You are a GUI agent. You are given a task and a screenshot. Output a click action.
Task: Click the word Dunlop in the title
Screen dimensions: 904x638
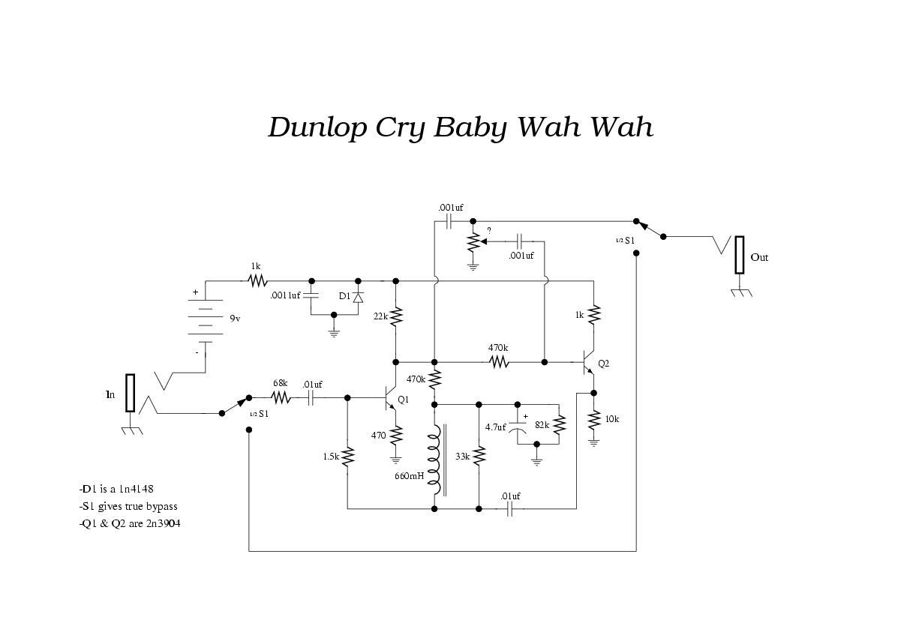[x=317, y=128]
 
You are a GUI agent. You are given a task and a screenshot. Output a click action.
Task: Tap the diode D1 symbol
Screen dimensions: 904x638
[x=358, y=298]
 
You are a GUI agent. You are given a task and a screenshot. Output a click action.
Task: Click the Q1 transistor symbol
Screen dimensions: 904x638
[x=390, y=398]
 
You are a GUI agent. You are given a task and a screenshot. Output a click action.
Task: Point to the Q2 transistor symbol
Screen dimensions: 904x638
[x=587, y=363]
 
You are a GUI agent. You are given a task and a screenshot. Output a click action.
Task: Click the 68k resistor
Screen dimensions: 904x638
[x=281, y=397]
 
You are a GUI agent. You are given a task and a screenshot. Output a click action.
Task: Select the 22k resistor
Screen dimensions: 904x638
[x=396, y=316]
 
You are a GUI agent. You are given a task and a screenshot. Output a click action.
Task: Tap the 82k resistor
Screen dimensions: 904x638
[x=559, y=424]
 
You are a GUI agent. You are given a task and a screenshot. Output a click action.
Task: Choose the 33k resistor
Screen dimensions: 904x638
[x=479, y=456]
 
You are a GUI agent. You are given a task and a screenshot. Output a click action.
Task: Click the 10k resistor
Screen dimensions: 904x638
[x=593, y=420]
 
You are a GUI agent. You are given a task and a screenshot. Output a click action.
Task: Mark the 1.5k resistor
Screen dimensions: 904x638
[x=347, y=457]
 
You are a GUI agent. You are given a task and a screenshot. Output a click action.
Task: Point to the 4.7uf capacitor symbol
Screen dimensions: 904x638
[x=518, y=427]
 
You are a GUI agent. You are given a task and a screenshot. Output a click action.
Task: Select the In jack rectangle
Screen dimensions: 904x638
[x=130, y=393]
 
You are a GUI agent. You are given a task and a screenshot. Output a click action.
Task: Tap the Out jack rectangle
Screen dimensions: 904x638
[x=740, y=255]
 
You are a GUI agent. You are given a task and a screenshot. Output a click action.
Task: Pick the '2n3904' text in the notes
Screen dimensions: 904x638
[x=164, y=524]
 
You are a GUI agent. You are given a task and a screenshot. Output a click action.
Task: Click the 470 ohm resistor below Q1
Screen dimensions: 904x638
[x=396, y=435]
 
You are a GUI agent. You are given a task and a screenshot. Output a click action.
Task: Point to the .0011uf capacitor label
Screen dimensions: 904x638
[x=285, y=295]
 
